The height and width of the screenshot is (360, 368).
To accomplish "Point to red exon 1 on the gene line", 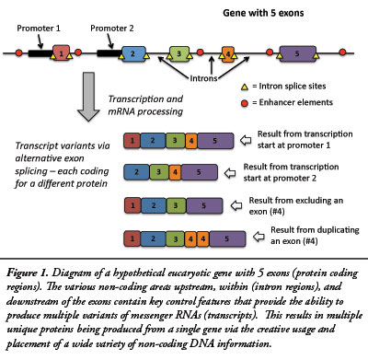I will click(x=62, y=54).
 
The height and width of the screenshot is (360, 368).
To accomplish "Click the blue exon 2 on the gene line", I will click(x=134, y=54).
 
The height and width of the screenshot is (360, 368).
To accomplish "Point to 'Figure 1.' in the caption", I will click(x=34, y=275).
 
